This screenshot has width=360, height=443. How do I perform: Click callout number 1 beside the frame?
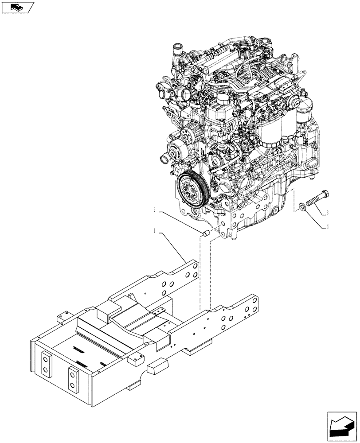pyautogui.click(x=155, y=231)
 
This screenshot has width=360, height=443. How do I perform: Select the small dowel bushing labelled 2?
pyautogui.click(x=206, y=233)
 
